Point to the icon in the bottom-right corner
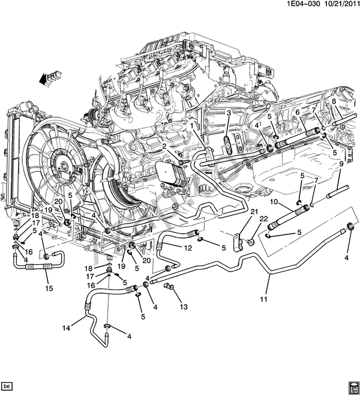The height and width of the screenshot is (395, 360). point(352,385)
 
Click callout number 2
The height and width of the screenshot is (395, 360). point(164,146)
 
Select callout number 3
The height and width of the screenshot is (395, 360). point(229,113)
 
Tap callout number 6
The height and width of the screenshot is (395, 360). point(297,112)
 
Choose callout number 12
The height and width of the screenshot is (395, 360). point(187,248)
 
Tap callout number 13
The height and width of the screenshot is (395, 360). point(183,306)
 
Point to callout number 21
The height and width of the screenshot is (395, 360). point(253,212)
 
